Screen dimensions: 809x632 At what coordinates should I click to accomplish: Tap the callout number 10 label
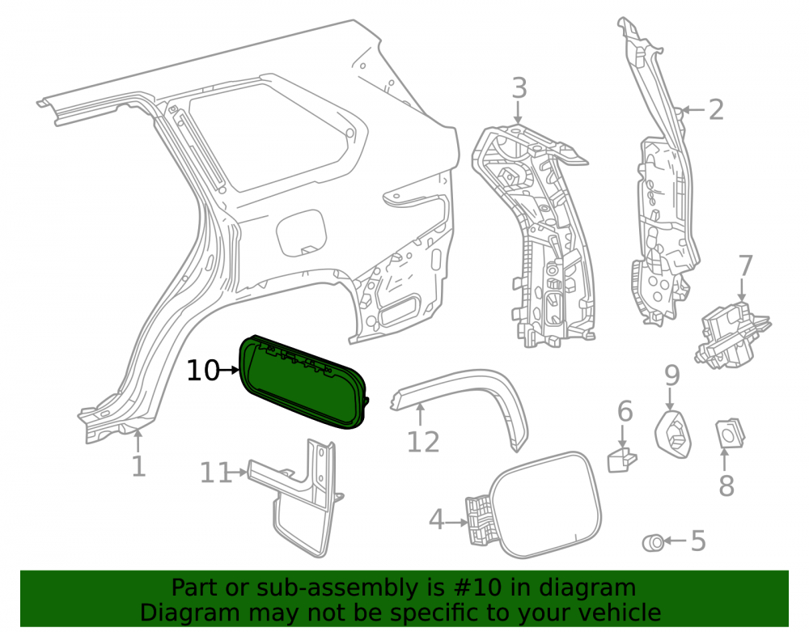(x=203, y=371)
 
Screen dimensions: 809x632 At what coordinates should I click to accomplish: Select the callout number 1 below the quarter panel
(x=138, y=466)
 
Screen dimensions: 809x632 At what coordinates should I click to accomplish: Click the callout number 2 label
(x=716, y=110)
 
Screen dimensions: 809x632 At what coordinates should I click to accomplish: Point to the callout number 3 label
(x=519, y=87)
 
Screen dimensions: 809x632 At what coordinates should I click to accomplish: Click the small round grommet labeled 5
(x=653, y=543)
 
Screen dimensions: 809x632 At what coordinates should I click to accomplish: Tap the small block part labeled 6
(x=622, y=460)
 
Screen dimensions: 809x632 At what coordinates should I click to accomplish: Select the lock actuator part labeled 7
(x=733, y=335)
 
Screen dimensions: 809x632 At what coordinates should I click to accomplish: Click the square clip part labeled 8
(x=730, y=433)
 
